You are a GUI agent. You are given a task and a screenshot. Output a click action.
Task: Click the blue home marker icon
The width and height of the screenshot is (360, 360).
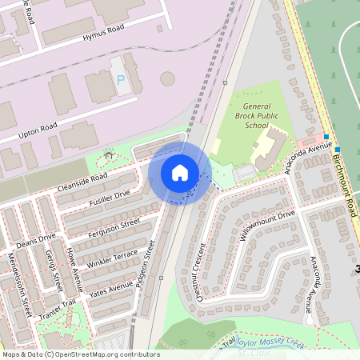tap(180, 172)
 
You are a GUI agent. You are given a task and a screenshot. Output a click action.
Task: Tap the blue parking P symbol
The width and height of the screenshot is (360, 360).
tap(122, 80)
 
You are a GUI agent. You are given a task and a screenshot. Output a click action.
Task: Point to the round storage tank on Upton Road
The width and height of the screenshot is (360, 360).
tap(167, 79)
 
